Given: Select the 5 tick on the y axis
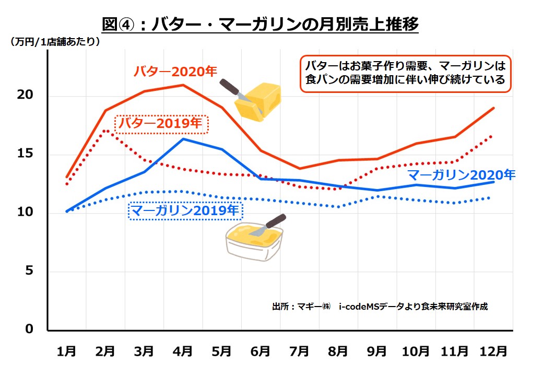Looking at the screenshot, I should coord(30,271).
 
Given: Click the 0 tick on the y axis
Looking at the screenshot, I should coord(30,330).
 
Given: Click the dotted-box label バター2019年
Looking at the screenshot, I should coord(161,124).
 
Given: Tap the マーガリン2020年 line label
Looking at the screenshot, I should coord(461,174).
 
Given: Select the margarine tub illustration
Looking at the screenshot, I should coord(253,238).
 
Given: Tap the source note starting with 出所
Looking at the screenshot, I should coord(380,307).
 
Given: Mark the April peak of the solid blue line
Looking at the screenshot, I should coord(183,138).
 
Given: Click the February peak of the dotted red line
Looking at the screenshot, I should coord(105,130).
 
